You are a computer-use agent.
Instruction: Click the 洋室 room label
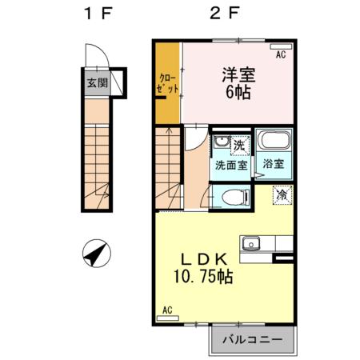coord(238,74)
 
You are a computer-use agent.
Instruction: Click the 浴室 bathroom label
coord(273,164)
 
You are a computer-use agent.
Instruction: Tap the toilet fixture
coord(231,197)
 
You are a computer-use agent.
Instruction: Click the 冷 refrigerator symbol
coord(282,194)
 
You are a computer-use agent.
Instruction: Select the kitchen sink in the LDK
coord(255,240)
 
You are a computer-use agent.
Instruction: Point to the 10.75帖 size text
coord(204,277)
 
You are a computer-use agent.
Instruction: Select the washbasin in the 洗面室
coord(219,146)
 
